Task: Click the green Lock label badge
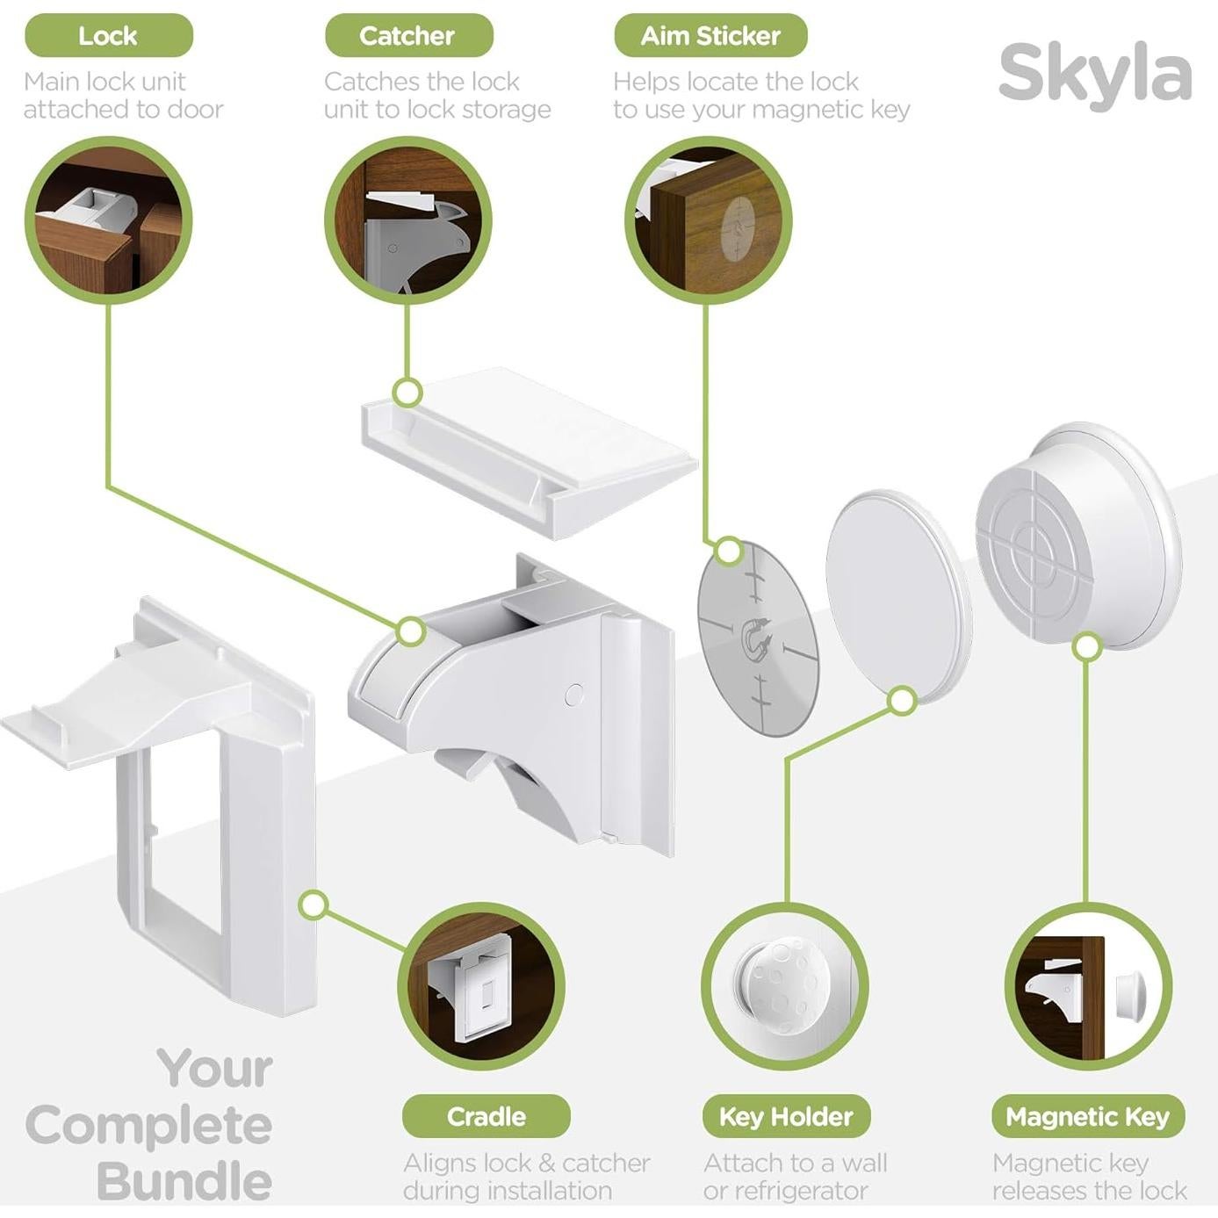(108, 36)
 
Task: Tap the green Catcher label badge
(407, 36)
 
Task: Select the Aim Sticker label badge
(710, 36)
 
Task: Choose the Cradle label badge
(486, 1116)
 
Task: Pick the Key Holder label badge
(786, 1116)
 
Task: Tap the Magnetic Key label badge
(1087, 1116)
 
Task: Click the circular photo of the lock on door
(109, 220)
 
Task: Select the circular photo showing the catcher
(407, 220)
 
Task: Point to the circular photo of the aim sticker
(708, 220)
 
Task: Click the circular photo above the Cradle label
(481, 986)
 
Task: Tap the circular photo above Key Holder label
(784, 986)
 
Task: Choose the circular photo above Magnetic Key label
(1087, 986)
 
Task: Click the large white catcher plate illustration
(527, 448)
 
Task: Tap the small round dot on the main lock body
(574, 695)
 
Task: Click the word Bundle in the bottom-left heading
(184, 1181)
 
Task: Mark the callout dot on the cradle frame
(314, 904)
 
